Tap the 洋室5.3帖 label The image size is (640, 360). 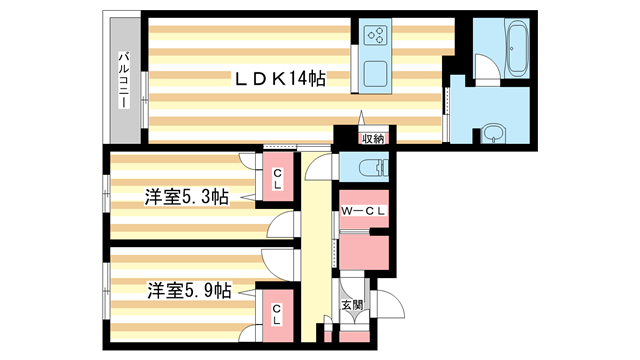click(187, 198)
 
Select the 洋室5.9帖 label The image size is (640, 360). click(189, 291)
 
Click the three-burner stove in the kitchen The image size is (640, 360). click(378, 37)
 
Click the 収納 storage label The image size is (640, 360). click(373, 138)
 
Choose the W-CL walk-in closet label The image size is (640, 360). click(363, 211)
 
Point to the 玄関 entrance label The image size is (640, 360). click(352, 304)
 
